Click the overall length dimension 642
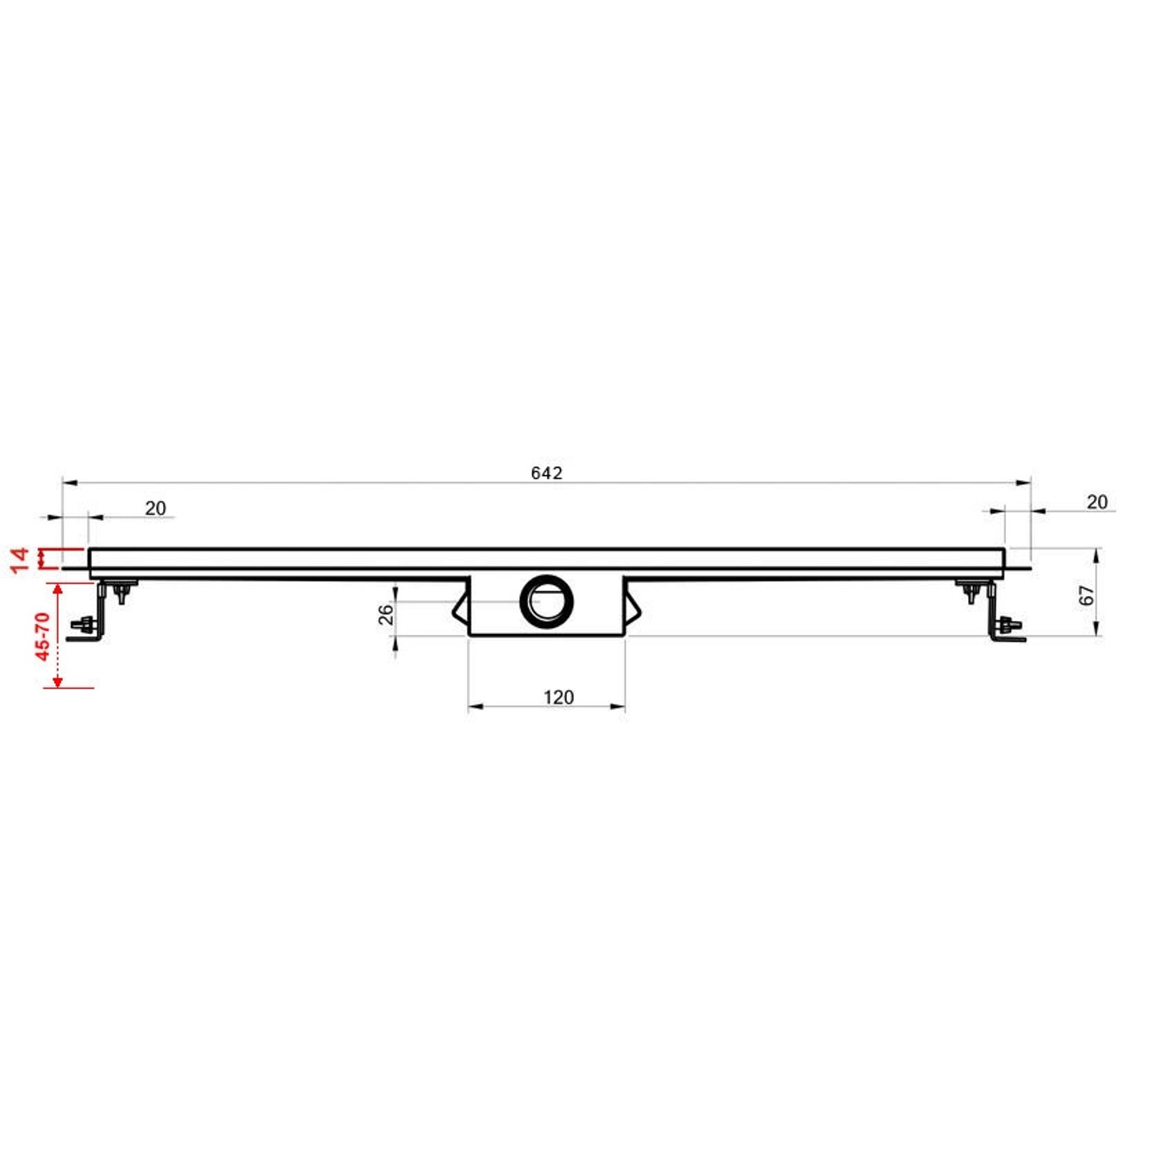coord(546,473)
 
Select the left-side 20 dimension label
coord(155,508)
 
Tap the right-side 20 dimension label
coord(1097,502)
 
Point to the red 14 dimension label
coord(20,558)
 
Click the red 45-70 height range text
coord(43,636)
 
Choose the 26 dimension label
coord(385,614)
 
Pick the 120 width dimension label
coord(558,697)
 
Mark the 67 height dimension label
coord(1087,595)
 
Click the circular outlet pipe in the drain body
coord(547,601)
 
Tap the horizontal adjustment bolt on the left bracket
coord(82,624)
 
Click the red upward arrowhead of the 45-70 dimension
coord(57,589)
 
